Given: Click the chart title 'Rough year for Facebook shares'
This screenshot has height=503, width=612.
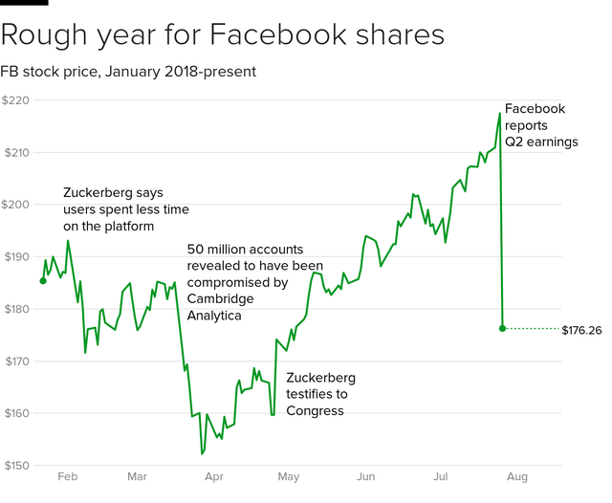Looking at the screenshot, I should (223, 35).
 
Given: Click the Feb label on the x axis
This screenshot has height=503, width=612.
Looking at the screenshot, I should (68, 475).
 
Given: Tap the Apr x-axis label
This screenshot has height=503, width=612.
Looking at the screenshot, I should (213, 475).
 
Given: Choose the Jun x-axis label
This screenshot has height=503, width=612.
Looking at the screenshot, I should (365, 475).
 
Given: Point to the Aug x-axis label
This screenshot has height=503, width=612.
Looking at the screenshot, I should (515, 475).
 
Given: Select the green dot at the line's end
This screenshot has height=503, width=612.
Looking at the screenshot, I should (503, 328).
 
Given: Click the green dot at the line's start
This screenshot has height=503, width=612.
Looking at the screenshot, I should (43, 280).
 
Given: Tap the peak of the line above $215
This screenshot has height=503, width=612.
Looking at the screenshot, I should (500, 114).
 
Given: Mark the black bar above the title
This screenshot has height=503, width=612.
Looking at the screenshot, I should (24, 2).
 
